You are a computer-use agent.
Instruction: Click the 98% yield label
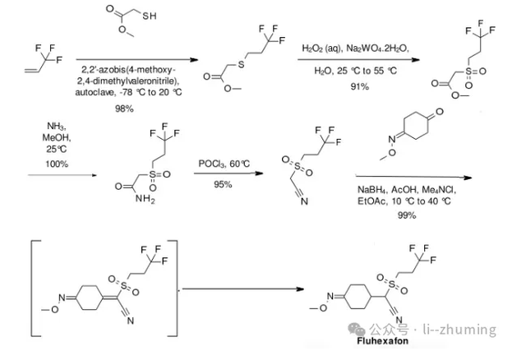click(x=124, y=108)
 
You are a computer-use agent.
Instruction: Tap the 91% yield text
click(x=360, y=86)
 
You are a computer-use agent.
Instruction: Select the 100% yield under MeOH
click(x=57, y=164)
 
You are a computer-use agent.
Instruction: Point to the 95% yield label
click(x=223, y=184)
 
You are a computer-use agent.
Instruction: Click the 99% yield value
click(x=407, y=215)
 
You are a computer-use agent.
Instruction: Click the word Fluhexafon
click(x=382, y=341)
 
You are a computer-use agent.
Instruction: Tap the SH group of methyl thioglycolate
click(x=150, y=16)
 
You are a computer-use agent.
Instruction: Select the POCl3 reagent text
click(x=212, y=164)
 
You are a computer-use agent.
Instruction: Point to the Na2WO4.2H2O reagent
click(x=377, y=48)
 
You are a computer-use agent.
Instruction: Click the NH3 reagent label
click(x=57, y=126)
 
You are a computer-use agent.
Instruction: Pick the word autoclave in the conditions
click(x=95, y=92)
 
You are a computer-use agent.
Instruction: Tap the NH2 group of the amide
click(x=145, y=199)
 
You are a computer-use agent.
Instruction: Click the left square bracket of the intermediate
click(x=32, y=288)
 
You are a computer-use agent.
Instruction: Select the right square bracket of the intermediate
click(x=176, y=288)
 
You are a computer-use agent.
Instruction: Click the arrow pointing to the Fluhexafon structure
click(x=243, y=288)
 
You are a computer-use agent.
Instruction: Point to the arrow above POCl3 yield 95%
click(x=228, y=173)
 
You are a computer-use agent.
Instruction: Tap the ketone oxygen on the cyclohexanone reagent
click(x=439, y=112)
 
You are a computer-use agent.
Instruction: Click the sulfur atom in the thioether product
click(x=241, y=64)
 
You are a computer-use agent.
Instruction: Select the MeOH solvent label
click(x=57, y=137)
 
